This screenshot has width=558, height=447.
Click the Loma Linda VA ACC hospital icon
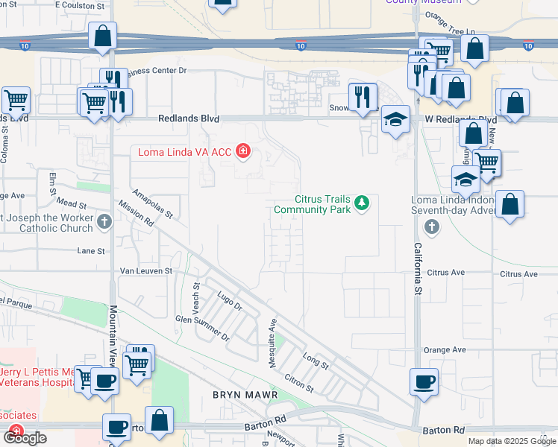[x=242, y=153]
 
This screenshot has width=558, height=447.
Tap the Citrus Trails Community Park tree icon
[x=362, y=203]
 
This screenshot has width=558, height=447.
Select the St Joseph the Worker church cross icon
[x=104, y=221]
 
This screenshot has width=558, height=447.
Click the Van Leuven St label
[x=146, y=271]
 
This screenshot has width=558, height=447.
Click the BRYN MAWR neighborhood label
[x=245, y=394]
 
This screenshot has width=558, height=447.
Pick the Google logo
[x=25, y=438]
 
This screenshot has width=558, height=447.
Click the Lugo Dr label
[x=229, y=301]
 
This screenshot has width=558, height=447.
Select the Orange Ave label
[x=444, y=349]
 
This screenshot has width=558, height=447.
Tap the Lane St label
[x=90, y=251]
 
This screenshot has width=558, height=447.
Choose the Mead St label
[x=72, y=203]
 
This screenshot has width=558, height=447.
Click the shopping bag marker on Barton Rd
[x=160, y=419]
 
